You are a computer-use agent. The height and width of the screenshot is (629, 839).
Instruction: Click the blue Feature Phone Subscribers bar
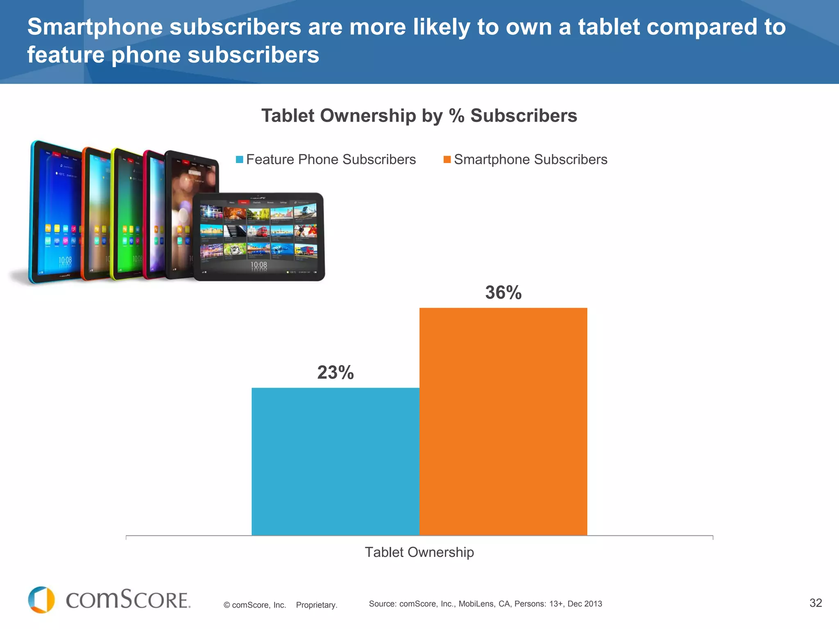pyautogui.click(x=335, y=461)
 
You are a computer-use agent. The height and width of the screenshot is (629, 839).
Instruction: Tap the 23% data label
pyautogui.click(x=335, y=372)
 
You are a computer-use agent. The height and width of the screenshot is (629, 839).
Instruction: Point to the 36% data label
pyautogui.click(x=503, y=292)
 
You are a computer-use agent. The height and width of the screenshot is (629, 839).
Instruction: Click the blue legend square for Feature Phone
pyautogui.click(x=240, y=159)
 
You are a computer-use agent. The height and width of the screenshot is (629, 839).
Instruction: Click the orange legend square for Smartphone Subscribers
pyautogui.click(x=447, y=159)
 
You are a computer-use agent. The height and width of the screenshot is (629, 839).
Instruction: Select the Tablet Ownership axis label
pyautogui.click(x=419, y=552)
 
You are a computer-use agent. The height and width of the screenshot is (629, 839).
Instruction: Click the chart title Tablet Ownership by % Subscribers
pyautogui.click(x=419, y=115)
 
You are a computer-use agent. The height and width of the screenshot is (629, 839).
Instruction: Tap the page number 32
pyautogui.click(x=815, y=603)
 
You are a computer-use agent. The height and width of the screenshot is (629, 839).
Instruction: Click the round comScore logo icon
pyautogui.click(x=41, y=600)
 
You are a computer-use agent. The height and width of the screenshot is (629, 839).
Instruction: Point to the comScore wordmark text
pyautogui.click(x=128, y=600)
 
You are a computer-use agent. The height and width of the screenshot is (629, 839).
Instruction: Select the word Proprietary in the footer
pyautogui.click(x=316, y=605)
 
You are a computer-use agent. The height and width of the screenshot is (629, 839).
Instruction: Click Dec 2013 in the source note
pyautogui.click(x=585, y=604)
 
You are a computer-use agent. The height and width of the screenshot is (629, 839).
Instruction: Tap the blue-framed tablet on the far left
pyautogui.click(x=53, y=213)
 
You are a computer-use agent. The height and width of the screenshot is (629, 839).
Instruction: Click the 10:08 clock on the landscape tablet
pyautogui.click(x=259, y=265)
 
